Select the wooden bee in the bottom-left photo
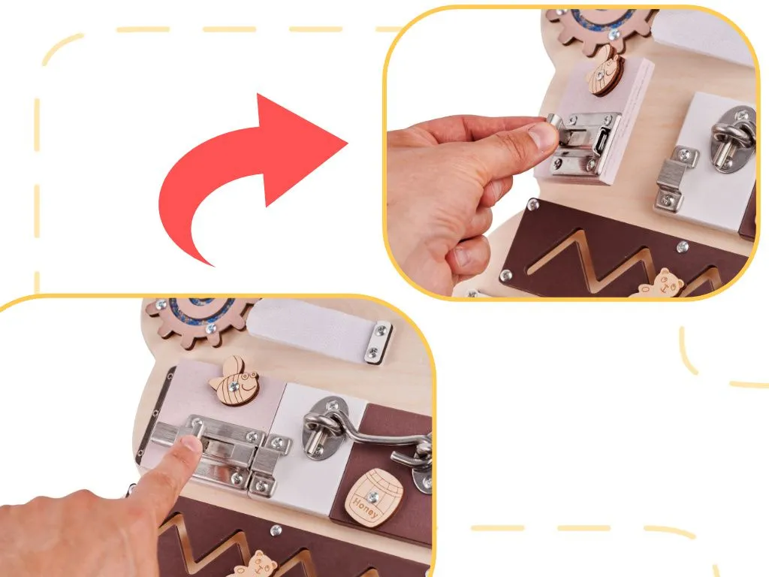[234, 381]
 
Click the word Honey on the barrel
[366, 506]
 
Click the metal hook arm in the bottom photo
[378, 438]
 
